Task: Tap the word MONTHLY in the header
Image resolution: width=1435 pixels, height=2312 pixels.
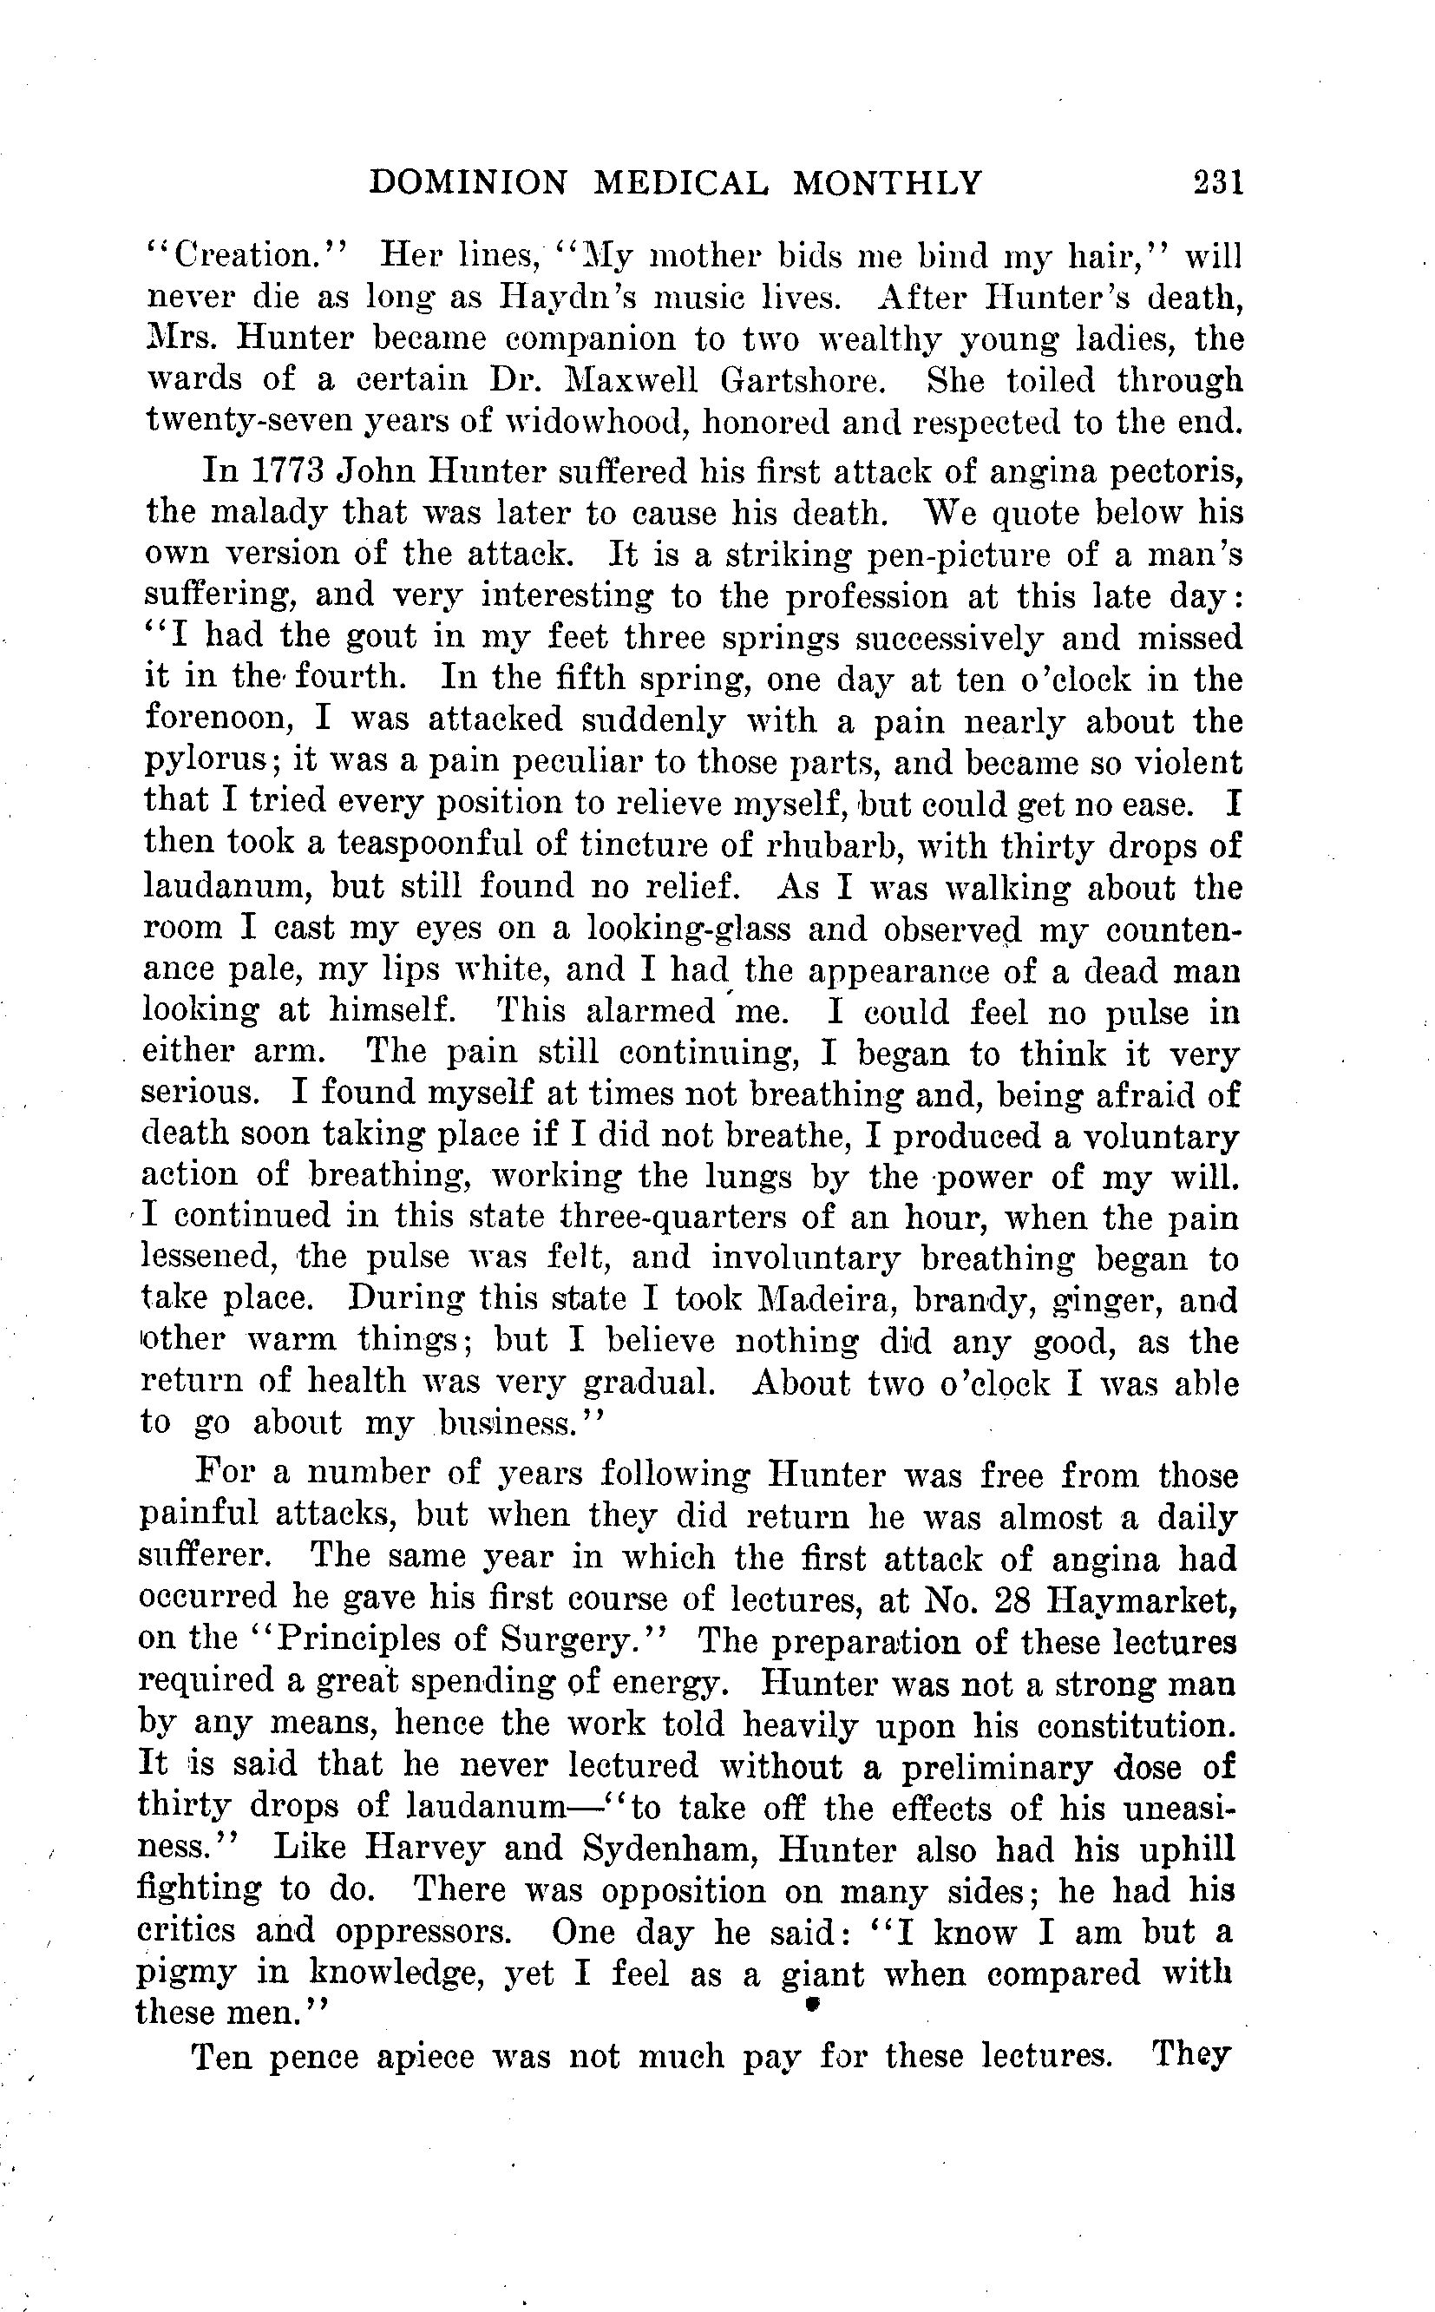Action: pyautogui.click(x=887, y=181)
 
